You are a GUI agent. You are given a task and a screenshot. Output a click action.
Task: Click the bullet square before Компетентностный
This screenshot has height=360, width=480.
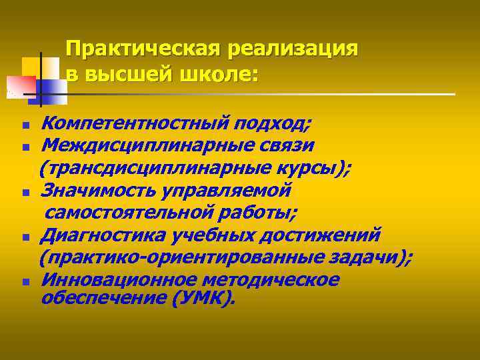pos(25,125)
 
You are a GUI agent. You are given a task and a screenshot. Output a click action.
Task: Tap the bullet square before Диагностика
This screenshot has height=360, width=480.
pos(25,237)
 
